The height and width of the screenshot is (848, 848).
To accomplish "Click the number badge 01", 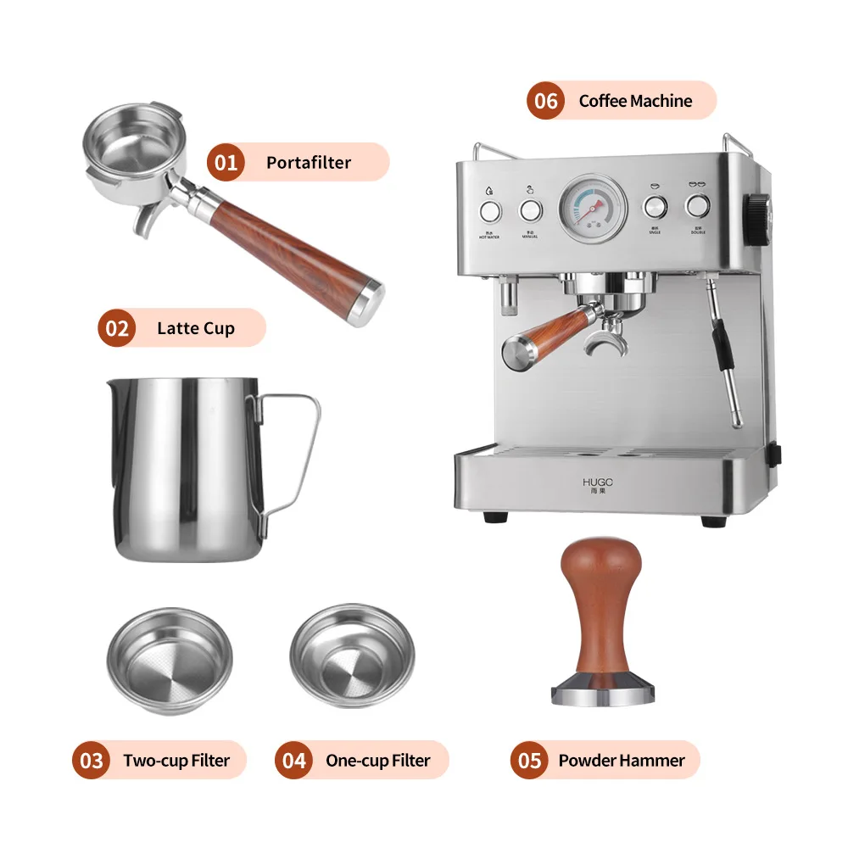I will tap(226, 162).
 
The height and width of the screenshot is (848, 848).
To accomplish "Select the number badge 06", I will tap(546, 101).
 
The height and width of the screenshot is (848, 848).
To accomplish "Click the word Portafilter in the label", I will tap(308, 162).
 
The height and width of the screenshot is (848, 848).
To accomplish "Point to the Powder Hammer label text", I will tap(621, 761).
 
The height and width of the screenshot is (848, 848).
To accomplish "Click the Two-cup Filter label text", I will tap(176, 761).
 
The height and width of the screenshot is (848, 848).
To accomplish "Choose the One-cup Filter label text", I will tap(377, 761).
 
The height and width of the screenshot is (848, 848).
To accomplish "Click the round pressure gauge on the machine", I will tap(593, 207).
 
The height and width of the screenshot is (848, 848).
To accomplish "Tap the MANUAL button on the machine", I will tap(531, 210).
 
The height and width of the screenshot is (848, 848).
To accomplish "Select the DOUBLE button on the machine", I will tap(697, 205).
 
